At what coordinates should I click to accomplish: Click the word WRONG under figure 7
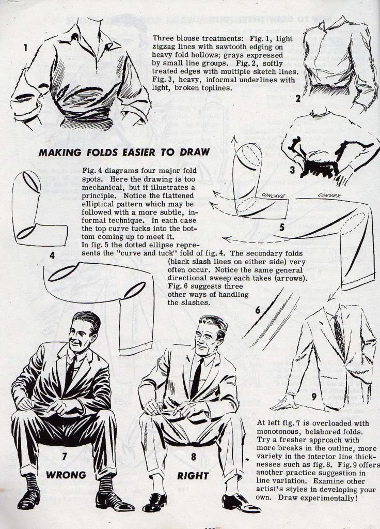(66, 475)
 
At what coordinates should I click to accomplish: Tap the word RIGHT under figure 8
(193, 476)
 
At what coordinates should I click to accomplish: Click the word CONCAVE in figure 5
(274, 195)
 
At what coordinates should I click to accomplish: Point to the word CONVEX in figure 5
(329, 195)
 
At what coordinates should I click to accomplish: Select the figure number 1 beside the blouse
(25, 48)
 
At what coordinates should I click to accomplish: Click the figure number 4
(52, 255)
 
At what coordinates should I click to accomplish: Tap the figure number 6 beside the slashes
(258, 310)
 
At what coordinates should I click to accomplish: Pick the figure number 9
(314, 397)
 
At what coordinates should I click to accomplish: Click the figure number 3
(292, 170)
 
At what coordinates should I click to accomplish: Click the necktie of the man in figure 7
(70, 373)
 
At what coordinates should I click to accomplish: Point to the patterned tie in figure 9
(339, 335)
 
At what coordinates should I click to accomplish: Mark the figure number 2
(298, 99)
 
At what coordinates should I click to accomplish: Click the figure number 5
(282, 227)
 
